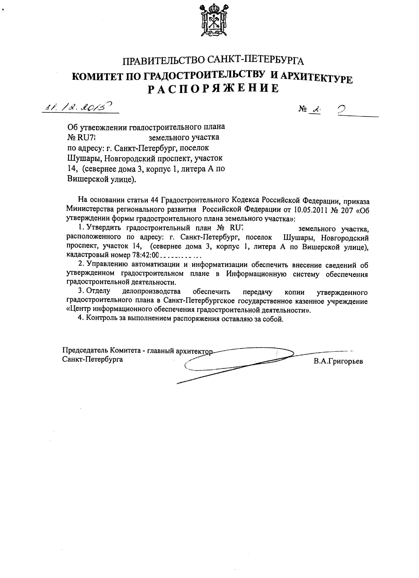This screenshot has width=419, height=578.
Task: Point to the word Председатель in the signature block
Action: pyautogui.click(x=85, y=350)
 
